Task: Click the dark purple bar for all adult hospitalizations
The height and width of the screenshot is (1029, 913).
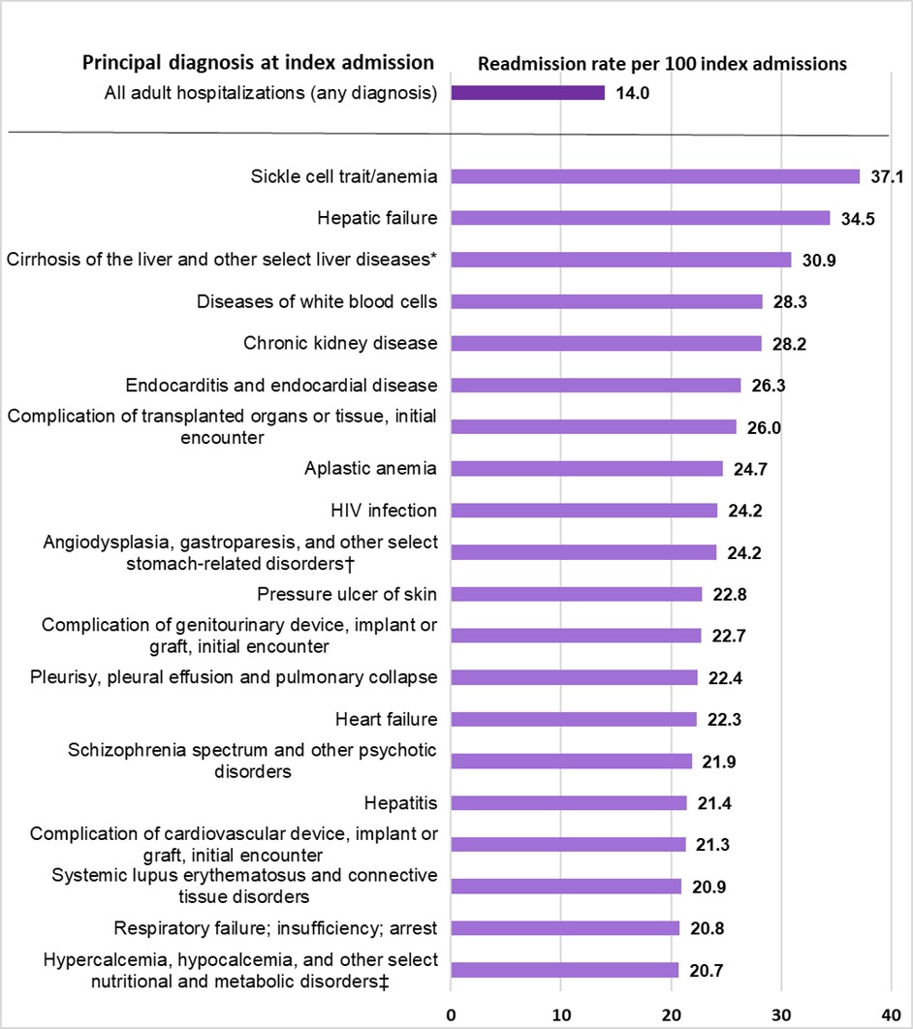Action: [527, 93]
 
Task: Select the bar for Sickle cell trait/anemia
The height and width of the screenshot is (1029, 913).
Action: [655, 176]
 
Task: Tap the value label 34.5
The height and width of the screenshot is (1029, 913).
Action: [858, 219]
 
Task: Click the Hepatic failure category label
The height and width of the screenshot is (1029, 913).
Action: [377, 218]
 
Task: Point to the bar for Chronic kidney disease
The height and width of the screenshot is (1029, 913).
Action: [606, 343]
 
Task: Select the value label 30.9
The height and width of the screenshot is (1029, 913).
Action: [818, 261]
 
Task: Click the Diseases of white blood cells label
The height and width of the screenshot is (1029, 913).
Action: [317, 301]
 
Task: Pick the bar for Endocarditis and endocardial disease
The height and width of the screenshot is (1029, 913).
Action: [595, 386]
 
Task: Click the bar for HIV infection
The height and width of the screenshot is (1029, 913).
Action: [583, 511]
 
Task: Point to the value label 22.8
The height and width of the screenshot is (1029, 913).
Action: [729, 594]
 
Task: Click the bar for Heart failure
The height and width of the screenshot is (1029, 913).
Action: [574, 719]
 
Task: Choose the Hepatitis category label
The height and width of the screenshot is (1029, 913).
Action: [400, 802]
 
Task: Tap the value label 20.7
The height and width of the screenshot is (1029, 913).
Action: [706, 971]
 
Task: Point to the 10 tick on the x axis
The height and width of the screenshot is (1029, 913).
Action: [561, 1013]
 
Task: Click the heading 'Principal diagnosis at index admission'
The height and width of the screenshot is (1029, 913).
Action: [258, 63]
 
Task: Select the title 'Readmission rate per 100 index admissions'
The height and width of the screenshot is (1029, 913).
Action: [663, 64]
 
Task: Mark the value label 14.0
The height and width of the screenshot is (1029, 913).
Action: [632, 94]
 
